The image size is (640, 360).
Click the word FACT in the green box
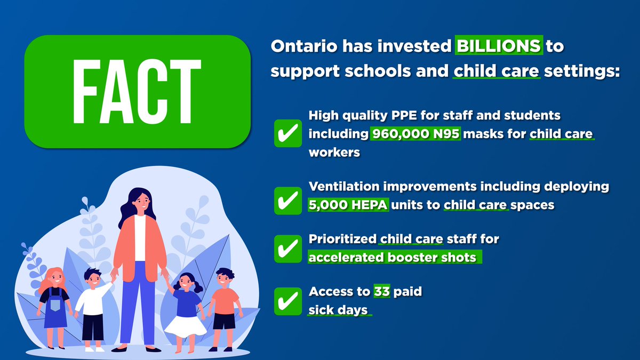tap(137, 91)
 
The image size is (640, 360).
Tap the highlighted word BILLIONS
tap(498, 46)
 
